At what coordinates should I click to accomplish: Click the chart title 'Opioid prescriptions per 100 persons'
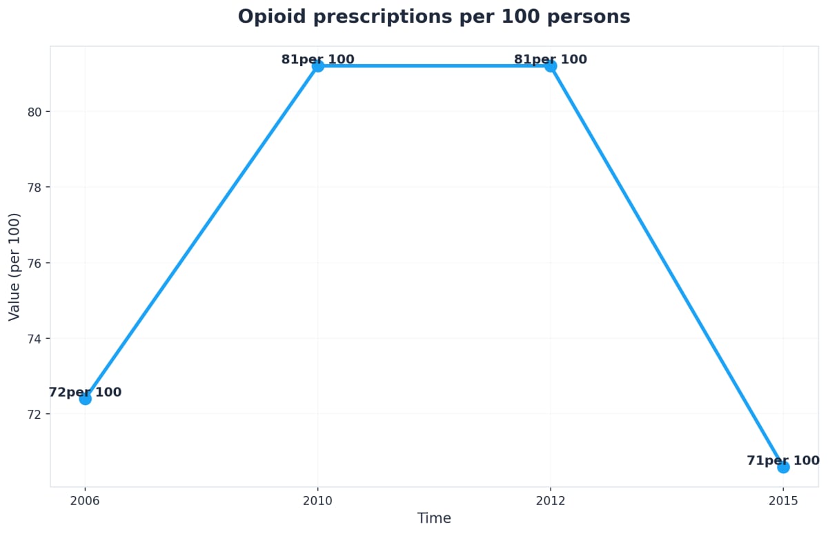click(433, 17)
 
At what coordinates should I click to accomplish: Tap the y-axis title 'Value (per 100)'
click(14, 267)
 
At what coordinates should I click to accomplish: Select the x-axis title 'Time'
click(434, 518)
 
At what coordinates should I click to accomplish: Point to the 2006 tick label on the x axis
click(85, 500)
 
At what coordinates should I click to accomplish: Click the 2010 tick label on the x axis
click(317, 500)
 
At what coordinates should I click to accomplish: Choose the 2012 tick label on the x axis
click(550, 500)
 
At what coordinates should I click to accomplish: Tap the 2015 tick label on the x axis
click(783, 500)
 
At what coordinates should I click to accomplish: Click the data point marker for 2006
click(85, 399)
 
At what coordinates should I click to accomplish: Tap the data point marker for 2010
click(317, 66)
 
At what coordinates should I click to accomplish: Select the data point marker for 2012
click(550, 66)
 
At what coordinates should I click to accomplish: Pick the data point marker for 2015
click(783, 467)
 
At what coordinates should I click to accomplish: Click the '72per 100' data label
click(85, 393)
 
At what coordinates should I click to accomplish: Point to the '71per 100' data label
click(783, 461)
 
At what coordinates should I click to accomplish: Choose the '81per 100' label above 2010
click(317, 59)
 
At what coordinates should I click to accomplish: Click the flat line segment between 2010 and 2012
click(434, 66)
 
